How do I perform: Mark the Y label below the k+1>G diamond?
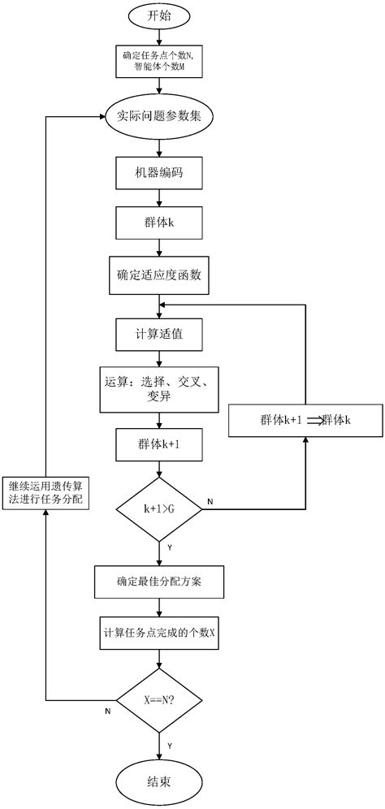pos(169,547)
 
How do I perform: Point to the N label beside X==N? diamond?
pos(108,712)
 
